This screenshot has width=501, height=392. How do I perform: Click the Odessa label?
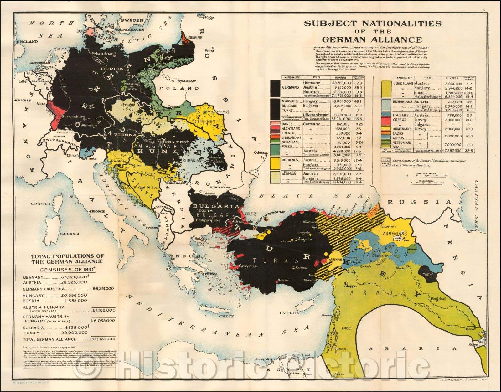(x=261, y=152)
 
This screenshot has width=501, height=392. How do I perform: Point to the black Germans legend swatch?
(x=276, y=88)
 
